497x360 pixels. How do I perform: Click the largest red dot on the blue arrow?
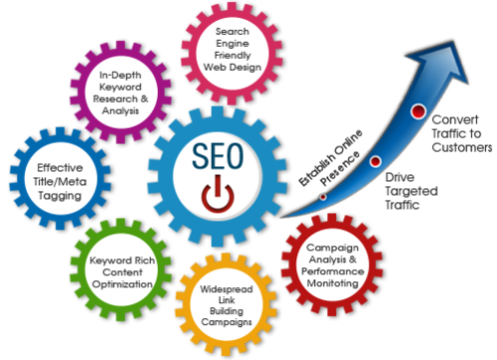pos(418,110)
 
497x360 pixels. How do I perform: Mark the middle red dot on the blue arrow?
pos(376,161)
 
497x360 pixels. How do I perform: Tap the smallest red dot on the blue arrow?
pos(323,195)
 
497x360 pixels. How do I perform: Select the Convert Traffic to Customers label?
pos(459,133)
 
